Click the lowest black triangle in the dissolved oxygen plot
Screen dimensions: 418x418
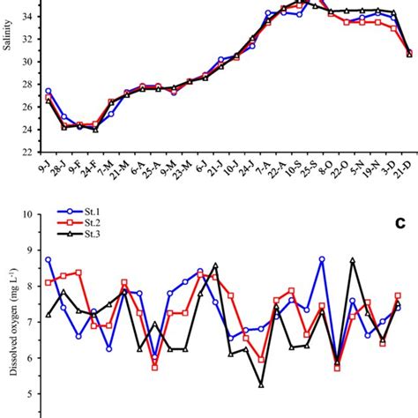click(x=262, y=384)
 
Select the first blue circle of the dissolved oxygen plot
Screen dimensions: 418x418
click(x=48, y=260)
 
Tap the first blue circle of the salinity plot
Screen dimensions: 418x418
click(x=48, y=91)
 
